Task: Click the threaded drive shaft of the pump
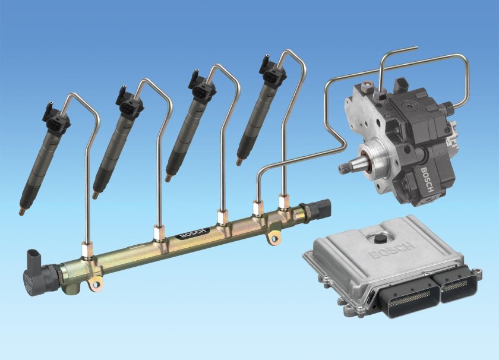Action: [348, 168]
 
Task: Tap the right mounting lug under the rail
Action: [274, 238]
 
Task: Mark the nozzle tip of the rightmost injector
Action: [239, 160]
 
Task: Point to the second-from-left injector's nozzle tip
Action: [95, 194]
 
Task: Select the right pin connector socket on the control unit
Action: [458, 286]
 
